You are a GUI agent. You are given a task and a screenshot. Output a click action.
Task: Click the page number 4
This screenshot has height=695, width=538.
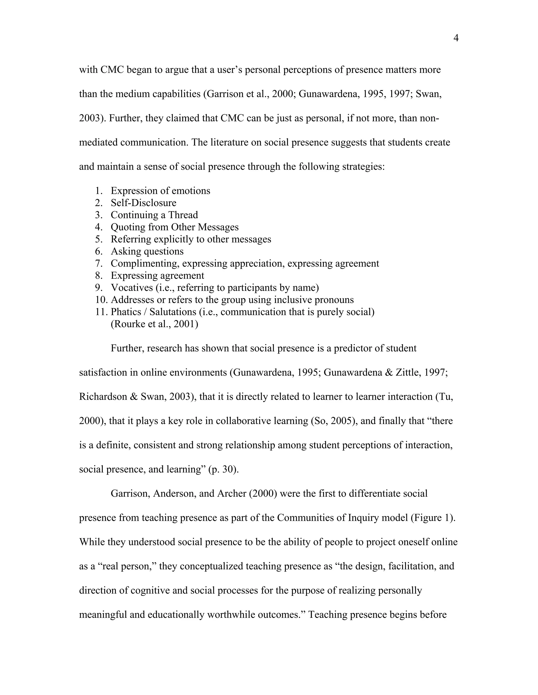(456, 39)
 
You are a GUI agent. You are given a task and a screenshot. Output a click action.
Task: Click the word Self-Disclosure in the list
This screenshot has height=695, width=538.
(143, 203)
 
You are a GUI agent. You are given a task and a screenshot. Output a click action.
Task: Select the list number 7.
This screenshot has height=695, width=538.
(99, 264)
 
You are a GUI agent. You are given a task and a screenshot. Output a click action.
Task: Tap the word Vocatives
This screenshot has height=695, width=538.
(132, 288)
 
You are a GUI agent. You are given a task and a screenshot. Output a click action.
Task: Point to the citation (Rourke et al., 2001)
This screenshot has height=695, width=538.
(154, 324)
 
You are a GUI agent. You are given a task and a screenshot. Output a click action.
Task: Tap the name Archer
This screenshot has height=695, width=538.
(231, 494)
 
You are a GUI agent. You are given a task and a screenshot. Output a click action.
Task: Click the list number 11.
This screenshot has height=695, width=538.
(100, 312)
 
